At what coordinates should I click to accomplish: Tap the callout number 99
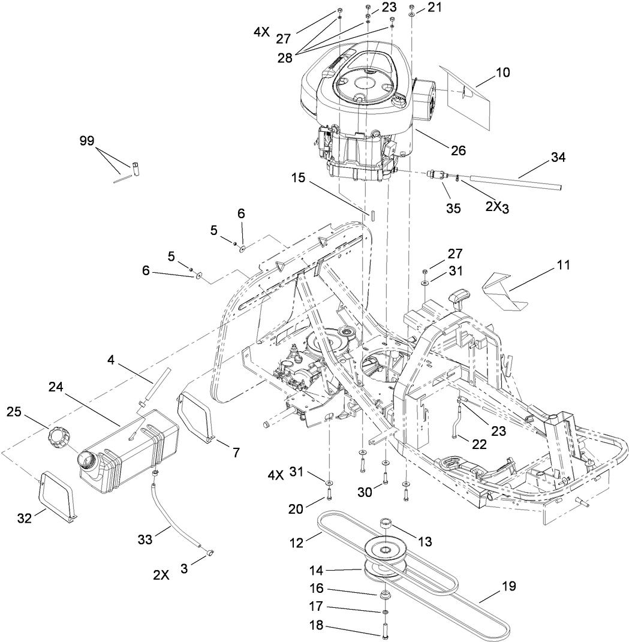coord(87,141)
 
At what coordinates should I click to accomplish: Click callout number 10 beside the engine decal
coord(502,73)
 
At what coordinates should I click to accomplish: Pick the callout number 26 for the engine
coord(458,151)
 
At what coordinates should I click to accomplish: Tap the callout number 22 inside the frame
coord(478,444)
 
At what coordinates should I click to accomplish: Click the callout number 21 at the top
coord(434,7)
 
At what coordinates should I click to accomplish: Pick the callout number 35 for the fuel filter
coord(453,208)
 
